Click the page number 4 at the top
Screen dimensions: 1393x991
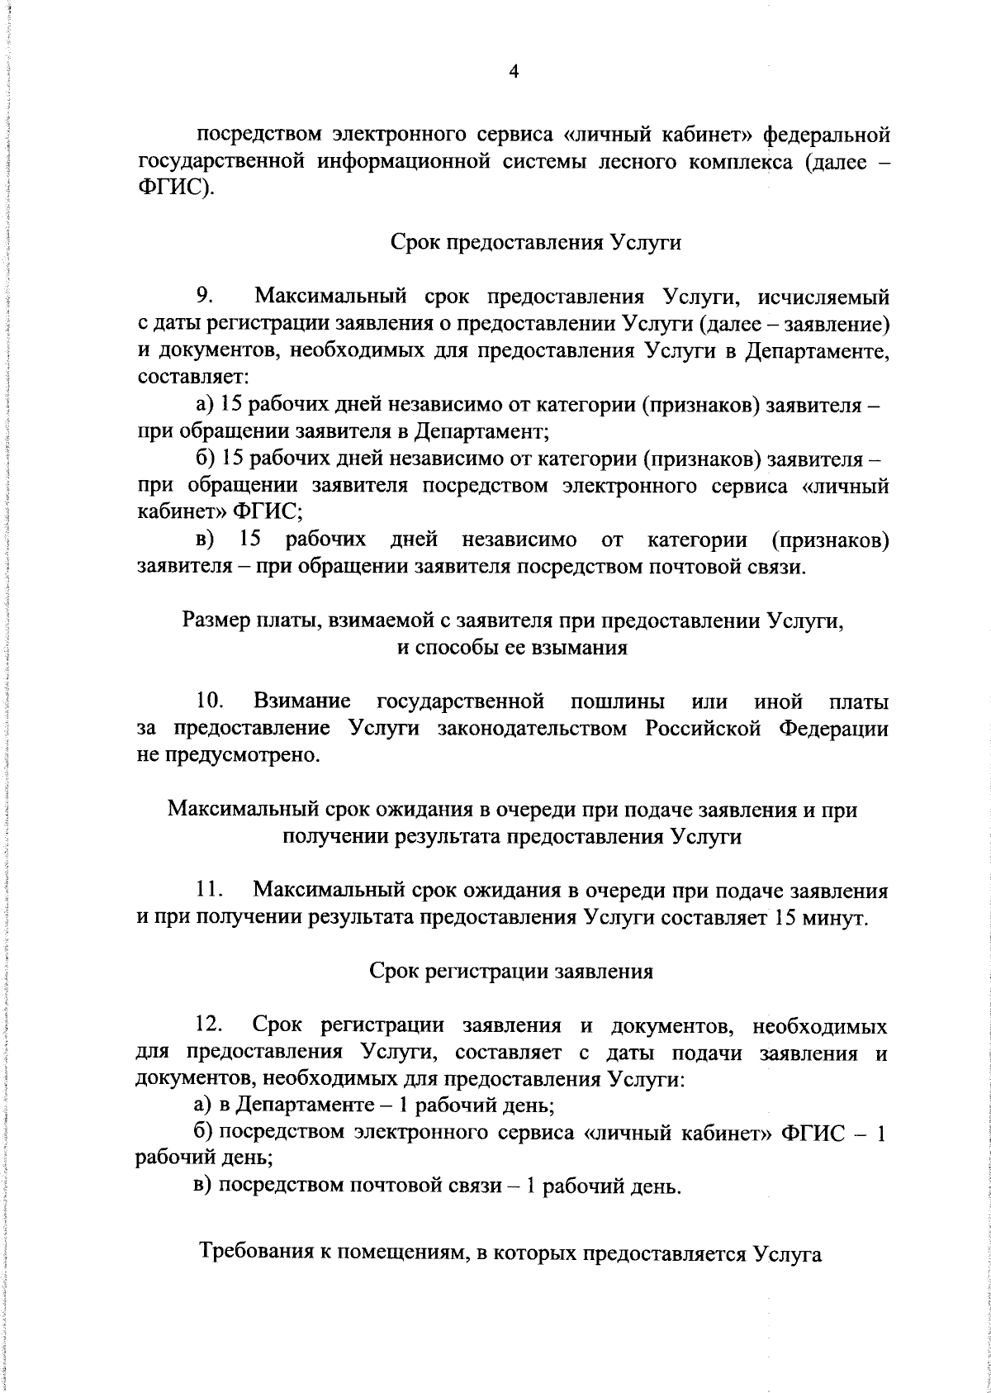pyautogui.click(x=513, y=72)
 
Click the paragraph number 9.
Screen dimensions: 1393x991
pyautogui.click(x=205, y=295)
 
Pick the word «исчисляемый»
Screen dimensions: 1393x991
pyautogui.click(x=823, y=295)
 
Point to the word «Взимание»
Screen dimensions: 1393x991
pyautogui.click(x=302, y=702)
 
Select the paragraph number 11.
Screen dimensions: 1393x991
pyautogui.click(x=210, y=891)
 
